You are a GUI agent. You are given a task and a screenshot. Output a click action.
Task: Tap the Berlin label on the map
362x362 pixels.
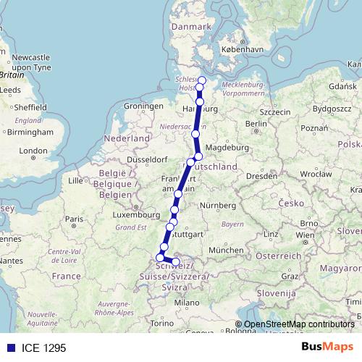point(253,124)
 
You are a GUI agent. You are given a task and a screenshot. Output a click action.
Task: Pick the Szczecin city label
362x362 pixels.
point(274,111)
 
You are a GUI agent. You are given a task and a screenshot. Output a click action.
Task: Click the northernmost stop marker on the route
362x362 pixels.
point(202,80)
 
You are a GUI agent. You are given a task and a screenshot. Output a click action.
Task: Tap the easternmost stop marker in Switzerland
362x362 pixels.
point(176,261)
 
